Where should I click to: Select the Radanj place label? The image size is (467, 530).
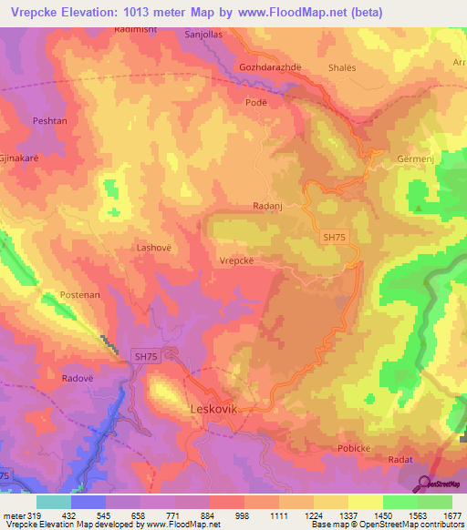[x=268, y=207]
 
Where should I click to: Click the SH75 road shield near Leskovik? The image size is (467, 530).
[x=147, y=358]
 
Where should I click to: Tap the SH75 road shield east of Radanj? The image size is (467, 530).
[x=335, y=236]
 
